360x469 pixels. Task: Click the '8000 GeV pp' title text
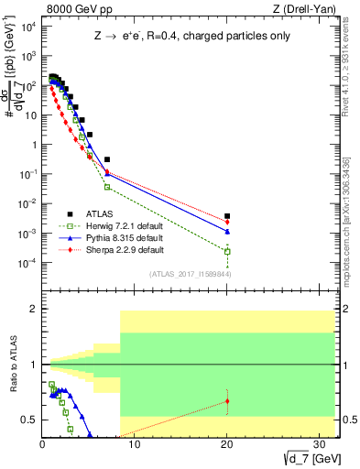(74, 8)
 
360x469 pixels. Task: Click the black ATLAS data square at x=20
(227, 216)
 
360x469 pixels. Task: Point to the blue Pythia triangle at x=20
(227, 232)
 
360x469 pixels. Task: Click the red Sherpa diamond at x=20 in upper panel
(227, 222)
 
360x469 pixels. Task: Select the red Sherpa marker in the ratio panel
(227, 401)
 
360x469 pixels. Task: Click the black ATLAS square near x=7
(107, 159)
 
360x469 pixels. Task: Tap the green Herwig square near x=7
(107, 187)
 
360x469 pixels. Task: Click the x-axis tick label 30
(319, 445)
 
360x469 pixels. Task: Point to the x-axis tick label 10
(135, 445)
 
